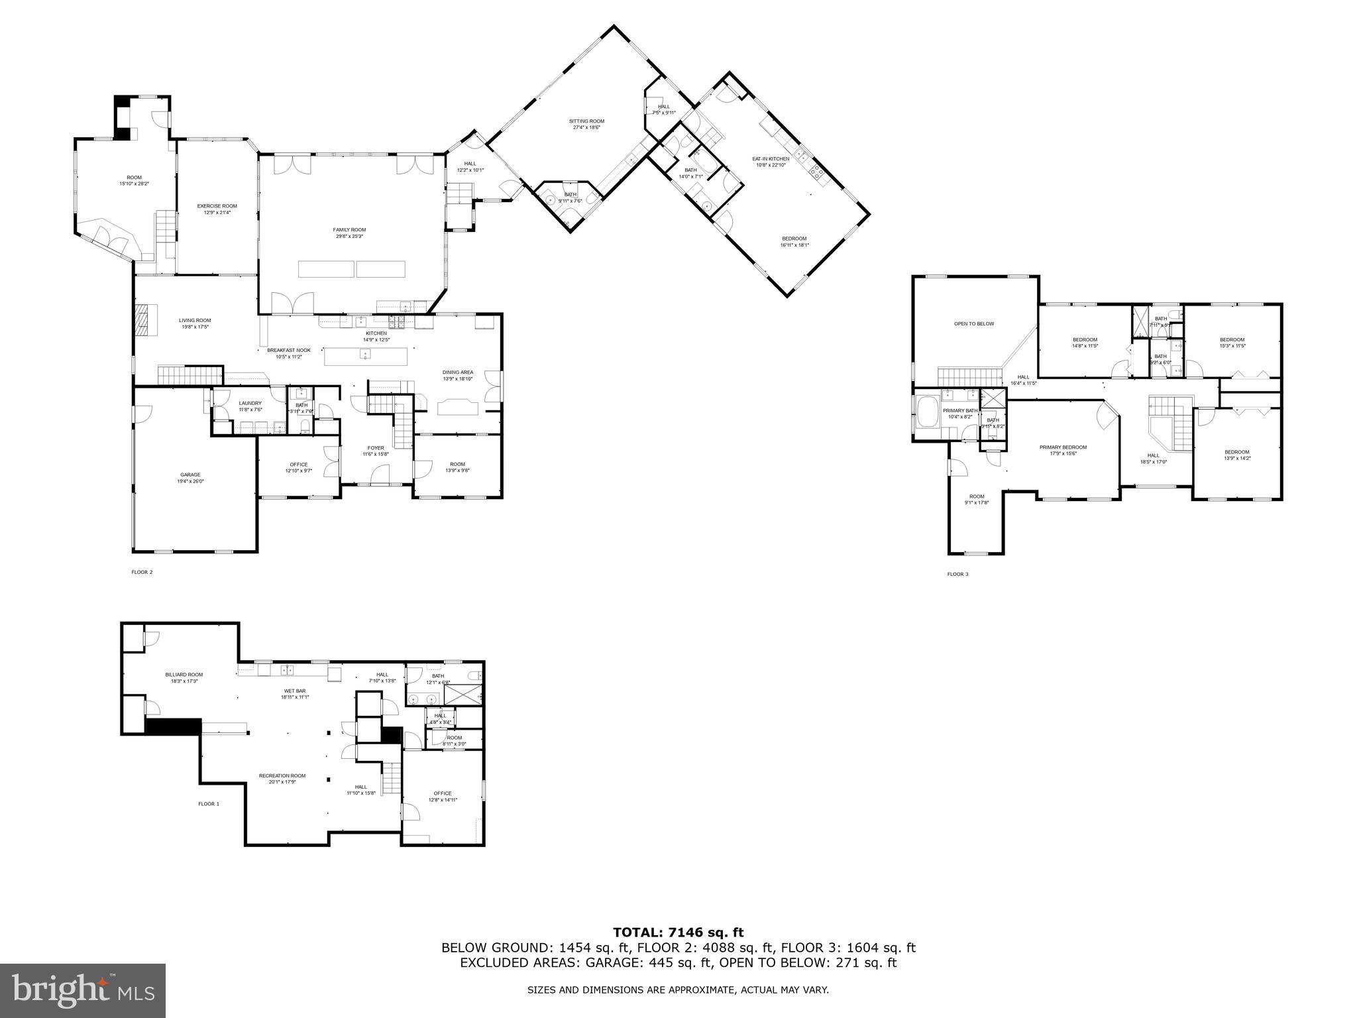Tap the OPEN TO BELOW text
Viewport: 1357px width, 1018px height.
point(974,324)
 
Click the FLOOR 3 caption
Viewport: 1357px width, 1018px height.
point(957,574)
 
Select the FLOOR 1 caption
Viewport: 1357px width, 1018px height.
point(208,804)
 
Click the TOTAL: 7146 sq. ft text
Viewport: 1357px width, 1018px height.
point(678,933)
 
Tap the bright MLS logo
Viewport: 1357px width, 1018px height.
point(83,990)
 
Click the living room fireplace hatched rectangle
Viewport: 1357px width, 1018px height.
point(144,320)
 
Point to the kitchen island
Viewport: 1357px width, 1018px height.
point(366,356)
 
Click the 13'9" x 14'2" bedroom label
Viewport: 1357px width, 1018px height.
point(1236,455)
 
